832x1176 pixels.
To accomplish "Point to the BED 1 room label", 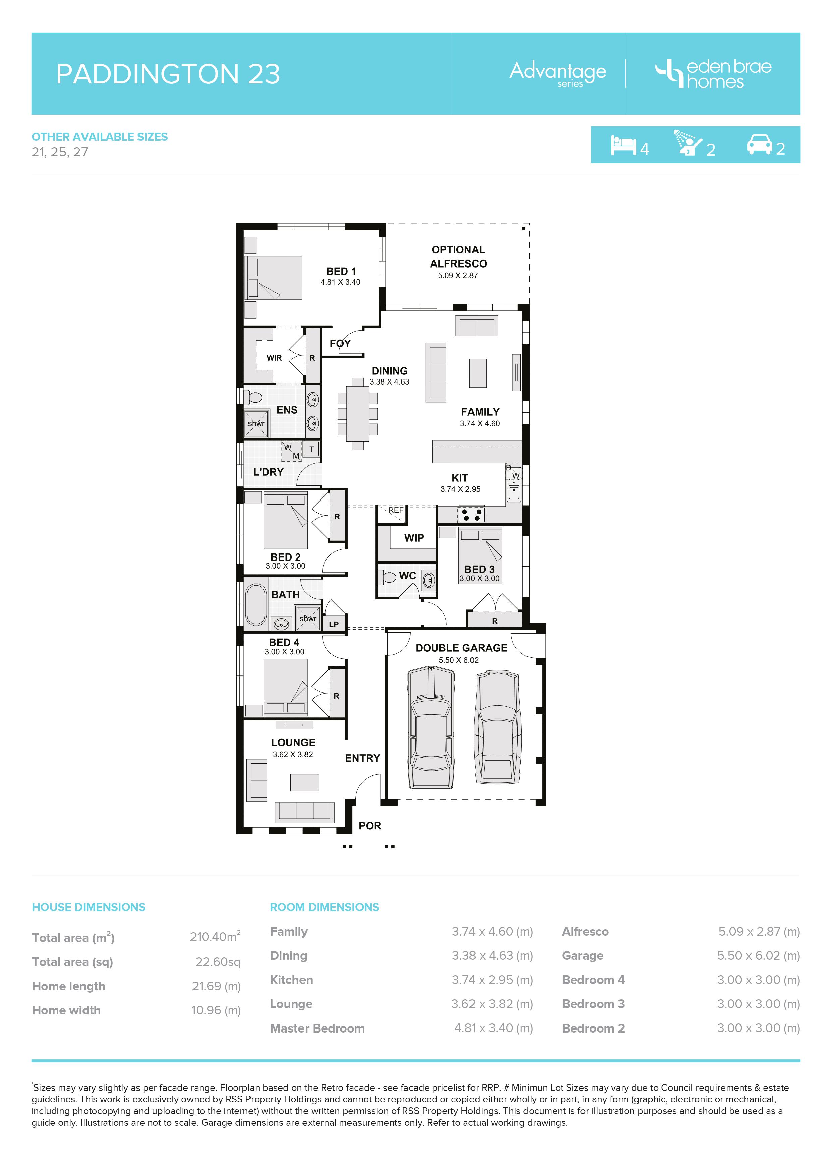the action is click(341, 272).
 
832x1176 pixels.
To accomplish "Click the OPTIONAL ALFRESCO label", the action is click(458, 256).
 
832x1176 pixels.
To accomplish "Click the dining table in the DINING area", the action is click(357, 414).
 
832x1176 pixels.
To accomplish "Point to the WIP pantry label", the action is click(414, 538).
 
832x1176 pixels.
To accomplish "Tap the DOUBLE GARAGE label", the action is click(461, 648).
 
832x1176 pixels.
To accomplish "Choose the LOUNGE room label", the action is click(293, 742).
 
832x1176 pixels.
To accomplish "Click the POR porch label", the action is click(370, 826).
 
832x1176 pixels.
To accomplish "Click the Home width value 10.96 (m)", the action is click(216, 1010).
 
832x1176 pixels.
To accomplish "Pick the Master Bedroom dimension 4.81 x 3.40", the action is click(493, 1028).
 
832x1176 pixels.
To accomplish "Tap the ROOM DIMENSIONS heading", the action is click(324, 907).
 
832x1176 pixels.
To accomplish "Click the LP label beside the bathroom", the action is click(334, 624).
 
